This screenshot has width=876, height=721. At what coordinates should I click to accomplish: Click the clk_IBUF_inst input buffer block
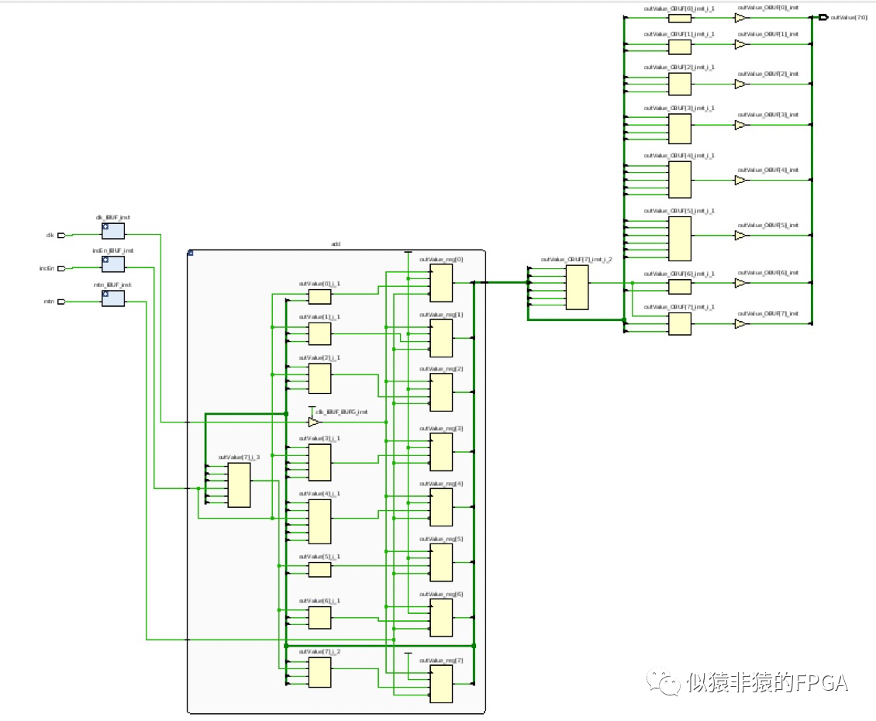point(112,231)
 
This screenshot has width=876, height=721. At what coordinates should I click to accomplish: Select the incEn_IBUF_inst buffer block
point(112,264)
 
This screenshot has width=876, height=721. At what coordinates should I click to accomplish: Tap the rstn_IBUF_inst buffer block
point(112,298)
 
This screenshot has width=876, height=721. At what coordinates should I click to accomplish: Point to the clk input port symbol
point(68,235)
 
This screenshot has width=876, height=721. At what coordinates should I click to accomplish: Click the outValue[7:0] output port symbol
point(824,17)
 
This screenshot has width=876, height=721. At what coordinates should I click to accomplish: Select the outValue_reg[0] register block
point(441,282)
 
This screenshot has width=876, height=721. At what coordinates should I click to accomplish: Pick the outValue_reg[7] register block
point(441,684)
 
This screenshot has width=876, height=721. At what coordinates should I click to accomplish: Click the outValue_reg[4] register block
point(441,507)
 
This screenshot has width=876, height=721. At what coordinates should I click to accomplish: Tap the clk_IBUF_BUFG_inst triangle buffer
point(313,422)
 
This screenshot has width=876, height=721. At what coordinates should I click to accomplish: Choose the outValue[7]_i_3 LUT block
point(239,485)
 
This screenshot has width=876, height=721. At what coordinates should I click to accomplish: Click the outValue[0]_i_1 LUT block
point(319,297)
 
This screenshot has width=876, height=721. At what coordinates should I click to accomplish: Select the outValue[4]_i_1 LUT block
point(319,521)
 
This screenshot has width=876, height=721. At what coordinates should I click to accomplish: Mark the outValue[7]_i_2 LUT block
point(319,672)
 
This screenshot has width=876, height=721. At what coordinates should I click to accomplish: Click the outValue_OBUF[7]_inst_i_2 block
point(577,288)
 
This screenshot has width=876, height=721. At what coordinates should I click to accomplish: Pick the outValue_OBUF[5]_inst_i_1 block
point(679,239)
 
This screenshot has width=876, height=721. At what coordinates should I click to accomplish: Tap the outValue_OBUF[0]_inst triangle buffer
point(740,18)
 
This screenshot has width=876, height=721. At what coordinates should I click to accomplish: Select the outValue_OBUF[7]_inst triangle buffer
point(740,323)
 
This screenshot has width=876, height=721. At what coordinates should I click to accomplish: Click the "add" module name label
point(336,244)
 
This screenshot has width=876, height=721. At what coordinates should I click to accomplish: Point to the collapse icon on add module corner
point(191,253)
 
